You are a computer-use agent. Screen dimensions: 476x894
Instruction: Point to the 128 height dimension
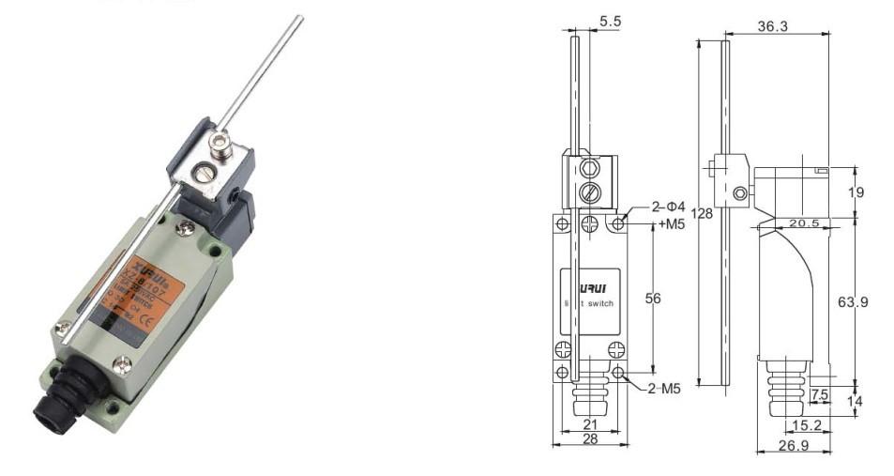[703, 214]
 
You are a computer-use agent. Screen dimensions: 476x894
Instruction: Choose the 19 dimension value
[856, 192]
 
